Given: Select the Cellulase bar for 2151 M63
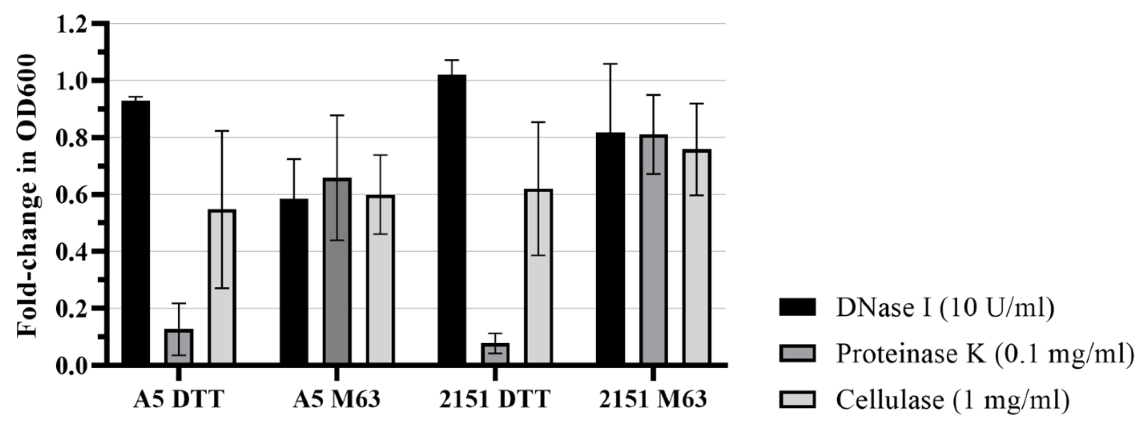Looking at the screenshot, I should click(x=697, y=257).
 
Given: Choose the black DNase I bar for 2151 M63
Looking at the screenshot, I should click(x=611, y=249).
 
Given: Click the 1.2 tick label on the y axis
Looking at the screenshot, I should click(x=75, y=24).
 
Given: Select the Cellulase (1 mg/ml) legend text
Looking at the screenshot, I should click(x=952, y=400).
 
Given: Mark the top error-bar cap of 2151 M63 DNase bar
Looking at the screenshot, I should click(x=611, y=64).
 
